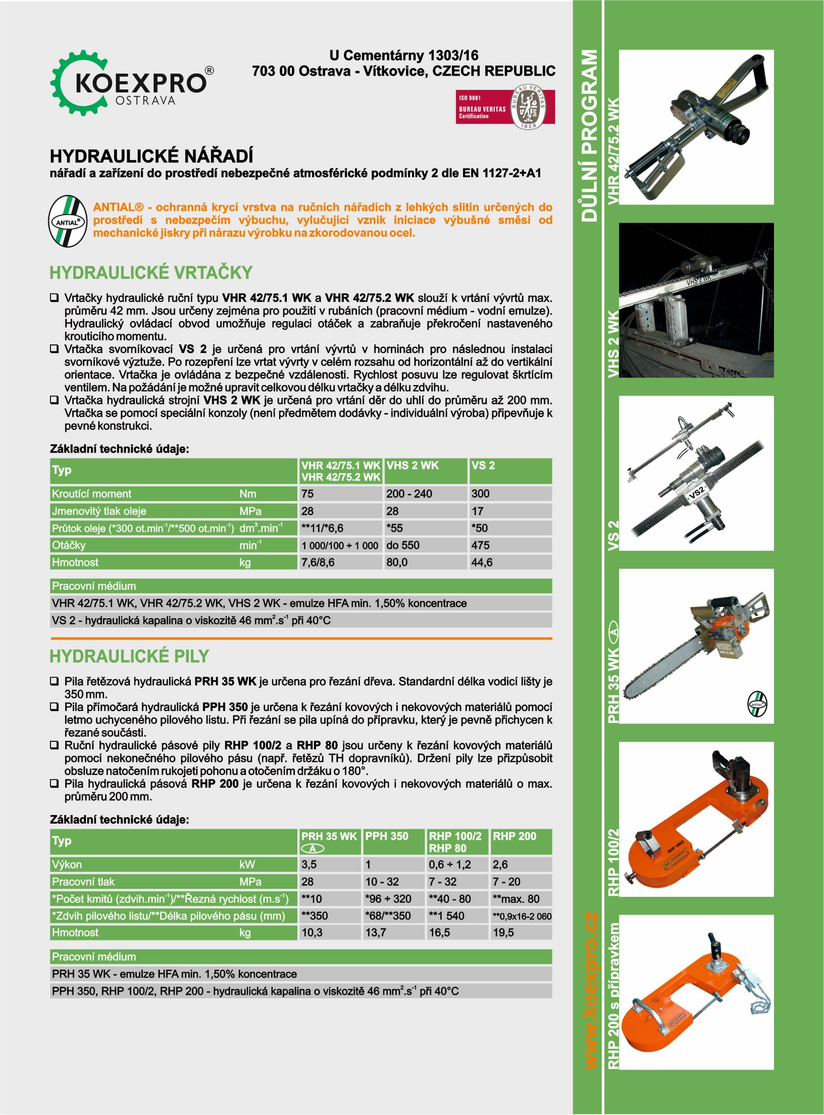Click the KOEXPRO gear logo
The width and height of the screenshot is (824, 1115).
click(x=131, y=83)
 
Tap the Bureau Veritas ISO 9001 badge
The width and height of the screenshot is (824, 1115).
click(x=505, y=107)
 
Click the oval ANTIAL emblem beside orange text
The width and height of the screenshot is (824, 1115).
click(x=68, y=221)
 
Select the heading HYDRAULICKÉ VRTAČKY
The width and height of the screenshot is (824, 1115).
click(x=150, y=273)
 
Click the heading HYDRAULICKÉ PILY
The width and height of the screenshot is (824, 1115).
click(x=129, y=656)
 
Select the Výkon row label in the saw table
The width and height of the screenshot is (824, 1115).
click(x=67, y=865)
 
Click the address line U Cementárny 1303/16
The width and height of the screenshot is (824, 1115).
click(x=403, y=56)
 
